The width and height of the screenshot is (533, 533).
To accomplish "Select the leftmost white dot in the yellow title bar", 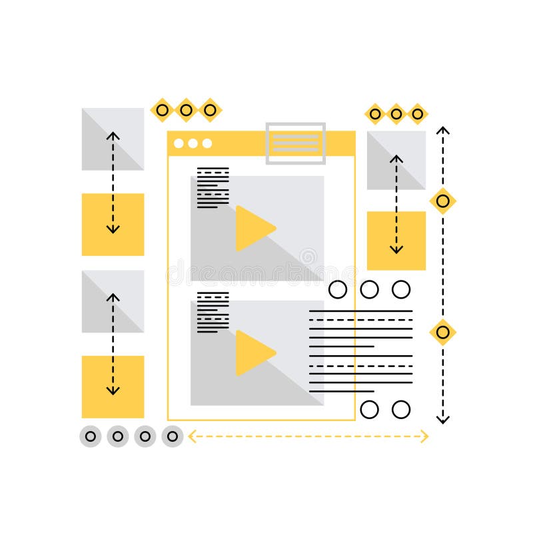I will pyautogui.click(x=179, y=143).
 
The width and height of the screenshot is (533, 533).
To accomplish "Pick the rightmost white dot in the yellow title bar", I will pyautogui.click(x=207, y=143).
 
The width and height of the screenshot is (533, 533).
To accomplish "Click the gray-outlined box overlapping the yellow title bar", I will pyautogui.click(x=295, y=143).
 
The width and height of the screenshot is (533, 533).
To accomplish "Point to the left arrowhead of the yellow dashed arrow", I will pyautogui.click(x=192, y=437).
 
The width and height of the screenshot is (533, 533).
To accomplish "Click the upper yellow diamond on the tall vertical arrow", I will pyautogui.click(x=442, y=200).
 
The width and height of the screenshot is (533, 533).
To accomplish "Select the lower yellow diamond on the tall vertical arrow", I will pyautogui.click(x=442, y=331).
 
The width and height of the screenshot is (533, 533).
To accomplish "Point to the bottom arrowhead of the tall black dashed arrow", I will pyautogui.click(x=442, y=419).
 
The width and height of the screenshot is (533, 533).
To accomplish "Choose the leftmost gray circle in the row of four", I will pyautogui.click(x=90, y=436).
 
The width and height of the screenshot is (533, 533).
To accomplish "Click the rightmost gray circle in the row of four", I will pyautogui.click(x=173, y=436).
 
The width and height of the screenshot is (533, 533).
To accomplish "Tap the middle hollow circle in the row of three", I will pyautogui.click(x=369, y=289).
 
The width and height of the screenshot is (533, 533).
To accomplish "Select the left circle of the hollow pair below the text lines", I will pyautogui.click(x=369, y=408).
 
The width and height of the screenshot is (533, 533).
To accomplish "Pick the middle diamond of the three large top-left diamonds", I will pyautogui.click(x=186, y=110).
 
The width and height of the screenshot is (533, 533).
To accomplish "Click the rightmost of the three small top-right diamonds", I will pyautogui.click(x=418, y=114).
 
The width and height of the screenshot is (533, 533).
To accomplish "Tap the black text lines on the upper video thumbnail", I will pyautogui.click(x=213, y=187).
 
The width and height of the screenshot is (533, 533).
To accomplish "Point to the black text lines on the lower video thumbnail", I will pyautogui.click(x=213, y=312).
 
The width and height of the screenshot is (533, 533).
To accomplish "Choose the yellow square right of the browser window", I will pyautogui.click(x=396, y=241).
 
